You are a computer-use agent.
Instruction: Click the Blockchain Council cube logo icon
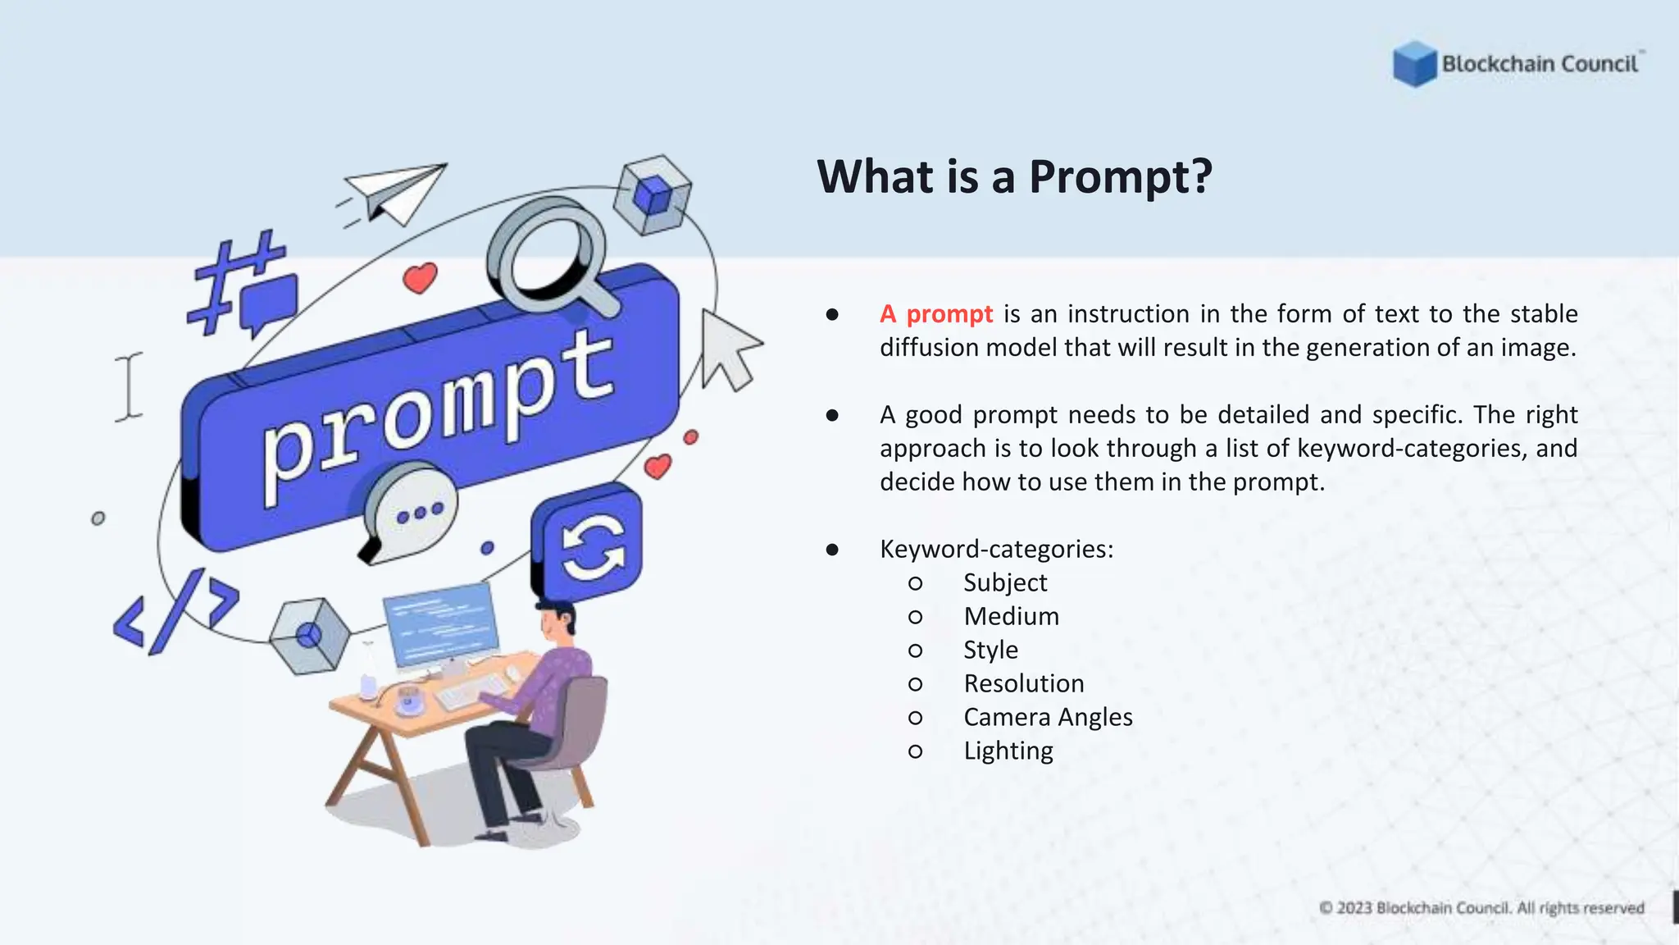[1414, 64]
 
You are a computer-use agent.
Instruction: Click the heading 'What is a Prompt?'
[1014, 176]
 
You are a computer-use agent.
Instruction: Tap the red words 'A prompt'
[935, 314]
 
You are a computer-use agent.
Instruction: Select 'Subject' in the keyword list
[1004, 582]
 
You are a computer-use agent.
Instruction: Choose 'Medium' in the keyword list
[1011, 616]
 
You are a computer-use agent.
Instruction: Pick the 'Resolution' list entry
[1023, 683]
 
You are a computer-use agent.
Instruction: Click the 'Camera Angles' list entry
[1048, 717]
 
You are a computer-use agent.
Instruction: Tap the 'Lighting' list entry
[1008, 751]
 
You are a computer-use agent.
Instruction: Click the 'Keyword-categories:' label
[996, 549]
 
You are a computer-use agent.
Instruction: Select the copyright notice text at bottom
[1481, 908]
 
